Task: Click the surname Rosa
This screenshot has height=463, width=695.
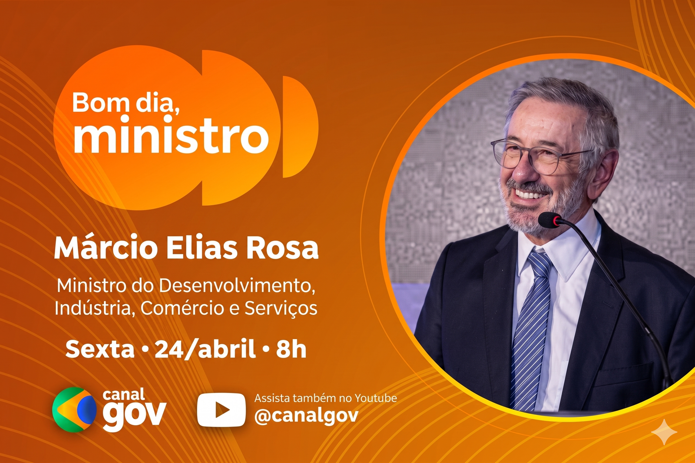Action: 282,250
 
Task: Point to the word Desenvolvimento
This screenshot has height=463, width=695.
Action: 236,286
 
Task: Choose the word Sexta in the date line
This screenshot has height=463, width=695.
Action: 100,350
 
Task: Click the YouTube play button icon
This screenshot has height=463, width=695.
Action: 221,410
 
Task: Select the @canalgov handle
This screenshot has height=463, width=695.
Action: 306,416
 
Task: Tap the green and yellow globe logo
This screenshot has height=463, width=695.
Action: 74,410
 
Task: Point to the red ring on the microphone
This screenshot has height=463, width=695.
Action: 556,221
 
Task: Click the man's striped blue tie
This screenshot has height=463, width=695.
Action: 530,329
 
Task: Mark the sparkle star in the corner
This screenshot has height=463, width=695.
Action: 664,432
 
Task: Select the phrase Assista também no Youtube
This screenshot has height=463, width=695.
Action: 325,398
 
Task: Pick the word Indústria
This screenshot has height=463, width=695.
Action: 95,308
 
